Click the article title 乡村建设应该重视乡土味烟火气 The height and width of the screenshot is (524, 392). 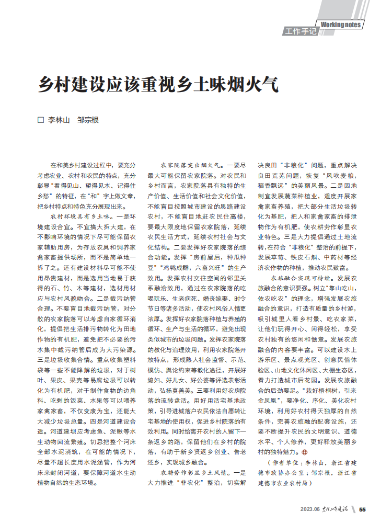156,84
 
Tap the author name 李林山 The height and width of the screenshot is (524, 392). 59,120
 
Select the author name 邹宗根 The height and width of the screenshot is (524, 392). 88,120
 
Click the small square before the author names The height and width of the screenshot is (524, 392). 41,120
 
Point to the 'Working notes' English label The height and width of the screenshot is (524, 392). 340,25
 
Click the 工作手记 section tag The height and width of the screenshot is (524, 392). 301,32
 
